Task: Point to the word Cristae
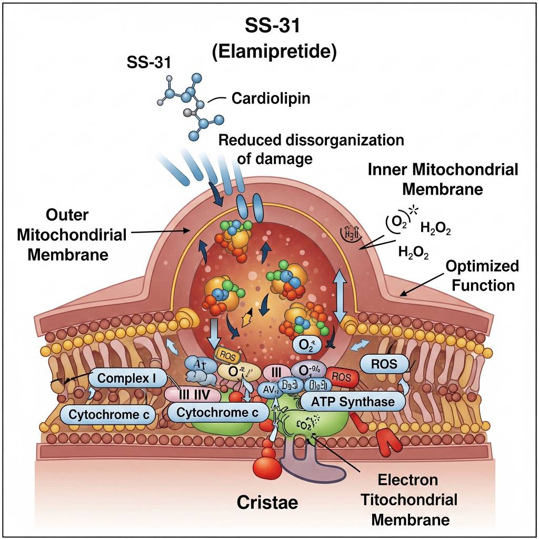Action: pyautogui.click(x=267, y=502)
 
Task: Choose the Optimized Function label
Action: pyautogui.click(x=482, y=275)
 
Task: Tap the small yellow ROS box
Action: pyautogui.click(x=227, y=356)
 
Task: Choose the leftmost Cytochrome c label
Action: pyautogui.click(x=109, y=414)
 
